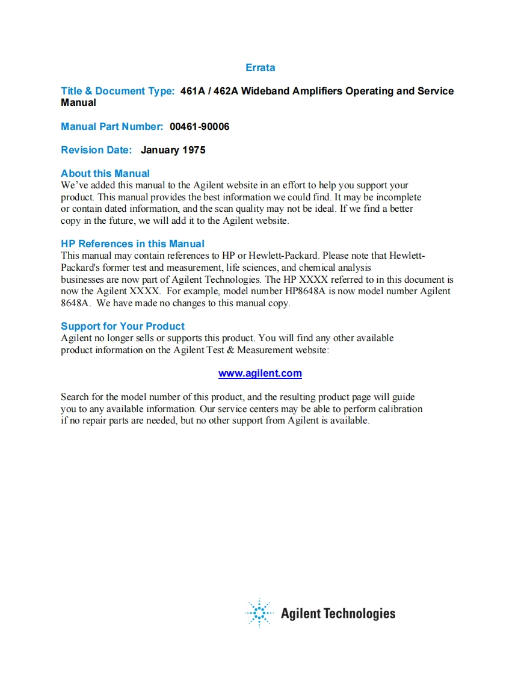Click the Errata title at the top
click(x=260, y=68)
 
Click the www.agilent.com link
click(x=260, y=374)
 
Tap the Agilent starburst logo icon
click(x=259, y=613)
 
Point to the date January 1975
click(x=173, y=150)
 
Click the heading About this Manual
click(x=105, y=174)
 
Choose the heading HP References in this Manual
click(x=132, y=244)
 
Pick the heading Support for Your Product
click(x=123, y=327)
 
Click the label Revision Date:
click(x=96, y=150)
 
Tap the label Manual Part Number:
click(x=112, y=127)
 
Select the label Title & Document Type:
click(x=118, y=91)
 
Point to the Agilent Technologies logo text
click(x=338, y=614)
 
